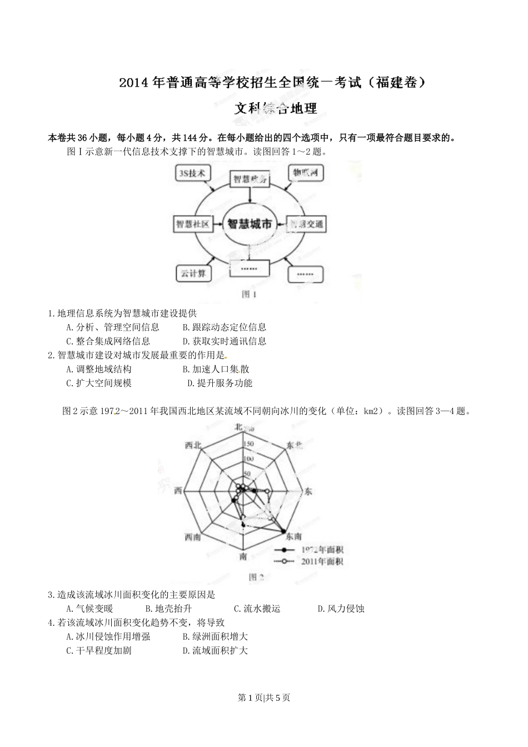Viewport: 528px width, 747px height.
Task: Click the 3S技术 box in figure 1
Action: pos(192,173)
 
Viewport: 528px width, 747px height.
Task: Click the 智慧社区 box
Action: pos(192,224)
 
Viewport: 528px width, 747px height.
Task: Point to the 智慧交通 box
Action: pos(305,224)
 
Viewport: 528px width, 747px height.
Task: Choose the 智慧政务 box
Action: pos(250,179)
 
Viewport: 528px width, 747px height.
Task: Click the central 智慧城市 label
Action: pos(250,224)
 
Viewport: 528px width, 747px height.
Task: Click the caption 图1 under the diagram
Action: pos(249,295)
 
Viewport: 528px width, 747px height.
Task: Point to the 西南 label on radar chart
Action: pos(193,536)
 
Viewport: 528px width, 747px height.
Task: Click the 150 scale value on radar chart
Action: pos(248,444)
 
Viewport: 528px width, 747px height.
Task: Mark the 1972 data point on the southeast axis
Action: pos(284,531)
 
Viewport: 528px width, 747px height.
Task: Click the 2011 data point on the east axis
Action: pos(267,491)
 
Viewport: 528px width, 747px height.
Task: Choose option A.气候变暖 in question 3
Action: pos(89,609)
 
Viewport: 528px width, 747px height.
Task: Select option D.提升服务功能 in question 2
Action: pos(220,383)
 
